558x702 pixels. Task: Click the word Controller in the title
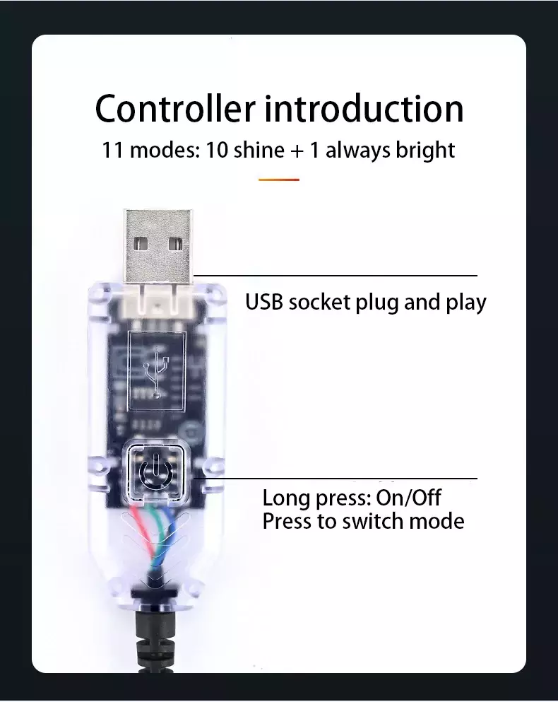[175, 108]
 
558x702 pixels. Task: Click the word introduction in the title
[364, 108]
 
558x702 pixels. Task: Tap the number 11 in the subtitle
[112, 151]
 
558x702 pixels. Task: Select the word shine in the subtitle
[259, 150]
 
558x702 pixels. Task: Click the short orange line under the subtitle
[279, 180]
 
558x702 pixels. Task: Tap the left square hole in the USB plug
[141, 245]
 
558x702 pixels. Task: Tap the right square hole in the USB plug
[174, 245]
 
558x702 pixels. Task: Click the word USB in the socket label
[264, 302]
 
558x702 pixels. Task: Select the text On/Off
[408, 498]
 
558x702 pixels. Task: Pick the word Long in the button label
[286, 498]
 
